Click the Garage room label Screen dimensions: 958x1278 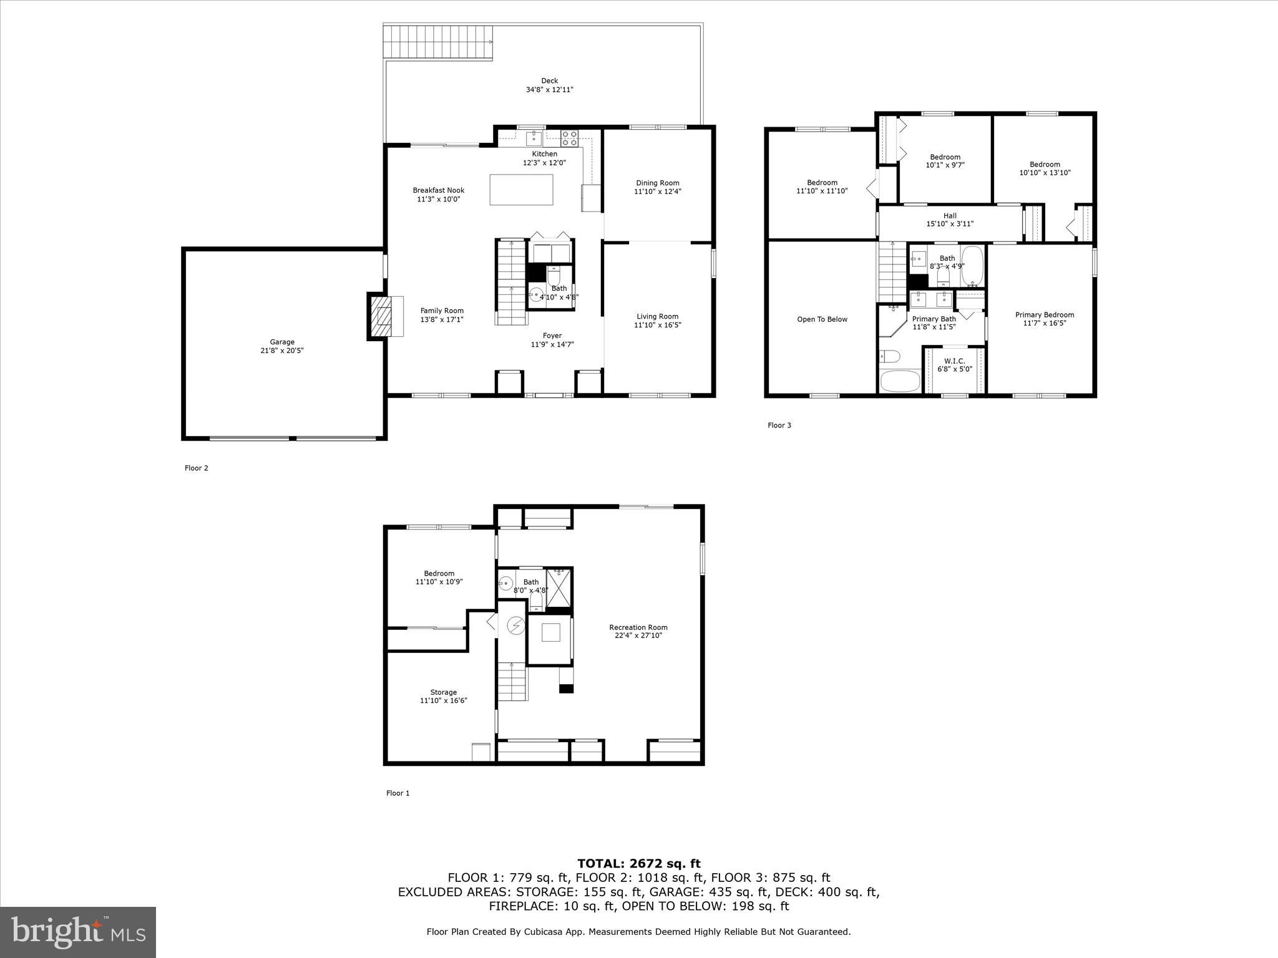(282, 342)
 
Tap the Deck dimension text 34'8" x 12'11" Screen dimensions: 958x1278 (549, 90)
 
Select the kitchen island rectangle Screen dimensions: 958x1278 (521, 190)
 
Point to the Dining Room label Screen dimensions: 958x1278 (657, 183)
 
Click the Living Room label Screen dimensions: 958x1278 (657, 316)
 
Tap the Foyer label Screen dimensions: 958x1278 (552, 336)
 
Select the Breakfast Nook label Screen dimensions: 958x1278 (438, 191)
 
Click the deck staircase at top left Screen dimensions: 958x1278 (439, 42)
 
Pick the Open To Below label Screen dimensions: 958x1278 (822, 319)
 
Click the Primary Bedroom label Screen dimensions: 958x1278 (1044, 315)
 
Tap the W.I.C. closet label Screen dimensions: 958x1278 (954, 361)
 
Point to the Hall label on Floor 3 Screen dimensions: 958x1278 (950, 216)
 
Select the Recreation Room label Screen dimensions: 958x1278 (638, 627)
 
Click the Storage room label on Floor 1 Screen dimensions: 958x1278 (443, 692)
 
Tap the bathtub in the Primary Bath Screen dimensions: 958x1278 (899, 380)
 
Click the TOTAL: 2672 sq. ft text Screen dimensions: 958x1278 (638, 864)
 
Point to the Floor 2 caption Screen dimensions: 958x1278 (196, 468)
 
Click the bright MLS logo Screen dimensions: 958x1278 (78, 932)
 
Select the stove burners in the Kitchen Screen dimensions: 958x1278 (569, 138)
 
